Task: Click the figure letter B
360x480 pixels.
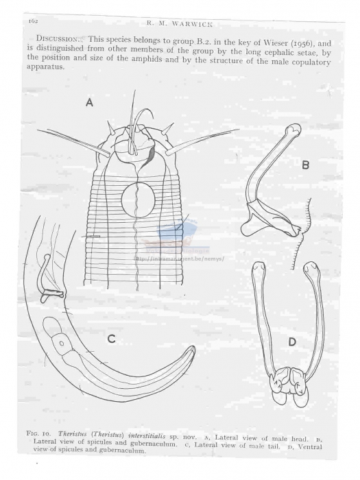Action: (306, 165)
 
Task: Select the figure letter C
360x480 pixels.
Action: (110, 338)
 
